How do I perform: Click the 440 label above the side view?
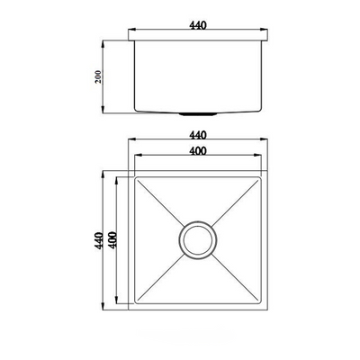198,25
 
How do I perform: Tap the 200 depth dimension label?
99,77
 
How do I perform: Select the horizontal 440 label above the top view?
198,135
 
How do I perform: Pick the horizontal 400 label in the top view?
198,150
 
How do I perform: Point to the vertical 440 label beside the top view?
99,240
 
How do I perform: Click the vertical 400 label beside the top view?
112,240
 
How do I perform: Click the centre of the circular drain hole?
198,240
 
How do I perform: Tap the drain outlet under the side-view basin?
198,113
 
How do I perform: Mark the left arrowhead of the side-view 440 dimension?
132,30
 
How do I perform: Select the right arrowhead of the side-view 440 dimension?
264,30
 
